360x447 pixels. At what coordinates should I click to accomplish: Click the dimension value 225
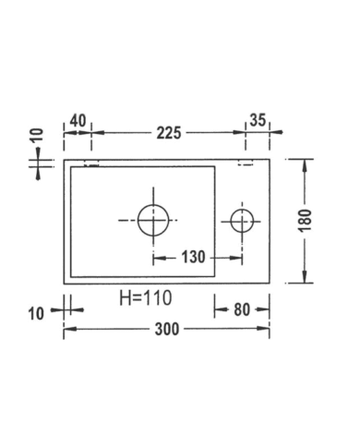tap(167, 133)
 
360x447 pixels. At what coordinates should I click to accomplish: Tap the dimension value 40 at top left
tap(77, 119)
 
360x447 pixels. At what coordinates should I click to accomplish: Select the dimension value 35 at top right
tap(258, 119)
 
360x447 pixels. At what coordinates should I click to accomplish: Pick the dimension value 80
tap(243, 309)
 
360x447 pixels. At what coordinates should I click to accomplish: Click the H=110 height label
tap(146, 298)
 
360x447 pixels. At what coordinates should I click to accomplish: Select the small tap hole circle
tap(242, 220)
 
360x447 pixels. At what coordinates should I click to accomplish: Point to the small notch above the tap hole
tap(246, 164)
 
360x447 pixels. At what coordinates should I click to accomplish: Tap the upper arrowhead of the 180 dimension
tap(305, 163)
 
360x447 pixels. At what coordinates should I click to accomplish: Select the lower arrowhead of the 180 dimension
tap(305, 278)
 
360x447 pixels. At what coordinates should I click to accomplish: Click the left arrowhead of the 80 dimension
tap(219, 309)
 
